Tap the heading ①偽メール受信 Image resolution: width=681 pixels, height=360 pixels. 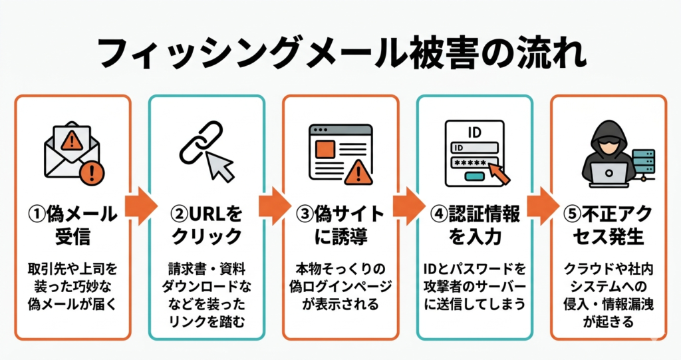tap(72, 225)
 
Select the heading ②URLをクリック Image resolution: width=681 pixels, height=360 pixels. tap(206, 225)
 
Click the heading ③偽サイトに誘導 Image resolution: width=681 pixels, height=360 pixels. tap(340, 225)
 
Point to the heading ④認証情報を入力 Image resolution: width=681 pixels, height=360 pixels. tap(474, 225)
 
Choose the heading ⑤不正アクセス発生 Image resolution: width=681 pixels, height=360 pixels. tap(608, 225)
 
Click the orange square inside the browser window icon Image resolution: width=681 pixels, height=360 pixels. tap(324, 148)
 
